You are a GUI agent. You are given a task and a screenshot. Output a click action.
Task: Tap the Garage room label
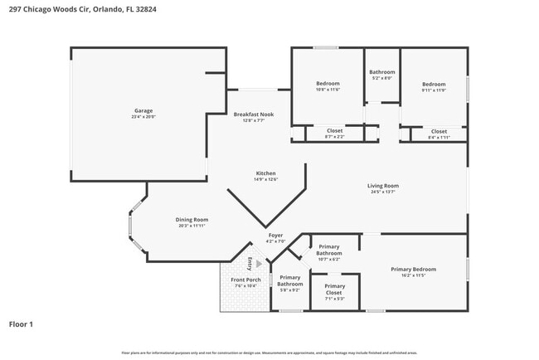[x=143, y=110]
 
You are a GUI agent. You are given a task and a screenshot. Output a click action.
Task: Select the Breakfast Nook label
[x=253, y=114]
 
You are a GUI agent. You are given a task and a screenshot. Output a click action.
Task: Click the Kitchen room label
[x=265, y=173]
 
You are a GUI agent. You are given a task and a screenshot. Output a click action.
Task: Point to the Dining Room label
[x=191, y=220]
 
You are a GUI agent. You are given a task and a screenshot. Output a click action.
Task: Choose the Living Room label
[x=383, y=186]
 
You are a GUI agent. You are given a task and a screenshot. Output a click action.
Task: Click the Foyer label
[x=275, y=236]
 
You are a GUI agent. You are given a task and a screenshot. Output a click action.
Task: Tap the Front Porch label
[x=245, y=280]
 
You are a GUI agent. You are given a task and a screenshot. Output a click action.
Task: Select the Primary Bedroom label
[x=413, y=269]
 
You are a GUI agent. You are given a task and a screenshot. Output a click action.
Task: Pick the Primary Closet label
[x=334, y=286]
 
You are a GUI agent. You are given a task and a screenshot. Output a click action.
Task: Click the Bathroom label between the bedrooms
[x=382, y=72]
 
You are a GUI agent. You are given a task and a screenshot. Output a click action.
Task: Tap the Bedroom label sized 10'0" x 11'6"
[x=328, y=84]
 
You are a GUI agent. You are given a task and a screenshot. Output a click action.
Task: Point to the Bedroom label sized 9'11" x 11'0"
[x=434, y=84]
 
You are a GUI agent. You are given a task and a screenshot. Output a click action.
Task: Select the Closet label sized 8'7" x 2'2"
[x=334, y=130]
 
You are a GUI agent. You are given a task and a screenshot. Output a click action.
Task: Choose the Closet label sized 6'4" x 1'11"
[x=439, y=131]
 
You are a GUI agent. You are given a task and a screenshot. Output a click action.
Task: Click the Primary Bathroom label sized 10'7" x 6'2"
[x=329, y=246]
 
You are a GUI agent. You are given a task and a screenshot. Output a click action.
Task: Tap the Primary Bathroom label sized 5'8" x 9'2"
[x=290, y=280]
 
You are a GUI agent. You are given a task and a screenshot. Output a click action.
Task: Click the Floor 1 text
[x=21, y=324]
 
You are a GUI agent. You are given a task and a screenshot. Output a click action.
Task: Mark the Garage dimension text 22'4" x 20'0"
[x=143, y=117]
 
